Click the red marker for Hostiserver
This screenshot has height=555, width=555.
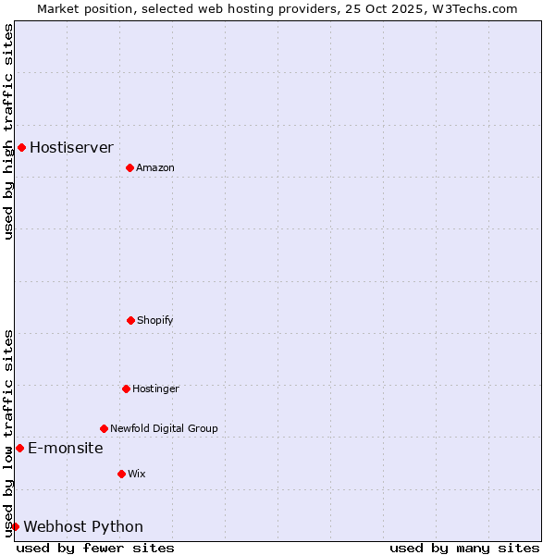(21, 147)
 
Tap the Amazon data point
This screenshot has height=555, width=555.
(129, 167)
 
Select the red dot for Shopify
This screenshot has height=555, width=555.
(130, 320)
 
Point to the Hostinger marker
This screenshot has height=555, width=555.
(126, 388)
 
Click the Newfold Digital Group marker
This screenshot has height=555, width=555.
(104, 428)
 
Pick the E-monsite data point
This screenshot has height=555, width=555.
(19, 448)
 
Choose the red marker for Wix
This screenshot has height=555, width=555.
(121, 474)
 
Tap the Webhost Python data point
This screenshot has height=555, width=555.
(15, 526)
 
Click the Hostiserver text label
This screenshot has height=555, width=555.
(71, 147)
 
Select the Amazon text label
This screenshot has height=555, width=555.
(155, 167)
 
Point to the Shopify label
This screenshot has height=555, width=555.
(155, 320)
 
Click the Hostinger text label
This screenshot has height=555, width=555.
(155, 388)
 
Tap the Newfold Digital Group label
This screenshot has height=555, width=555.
(164, 428)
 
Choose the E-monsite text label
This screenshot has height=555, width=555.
(65, 448)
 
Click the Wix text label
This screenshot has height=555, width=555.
(137, 474)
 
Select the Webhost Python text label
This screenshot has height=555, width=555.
(83, 526)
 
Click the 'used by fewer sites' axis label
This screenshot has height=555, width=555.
(95, 548)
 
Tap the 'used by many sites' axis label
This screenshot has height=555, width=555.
(464, 548)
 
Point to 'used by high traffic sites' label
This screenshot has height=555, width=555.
(8, 131)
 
